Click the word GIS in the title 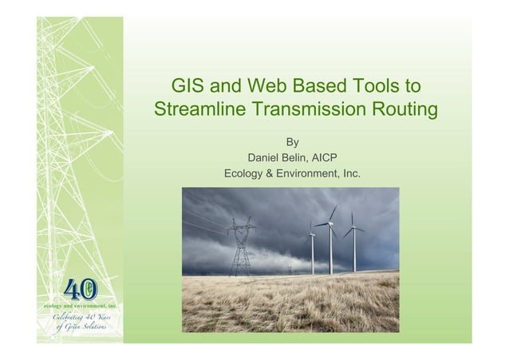(192, 85)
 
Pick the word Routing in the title (408, 109)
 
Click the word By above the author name (293, 142)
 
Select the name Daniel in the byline (267, 157)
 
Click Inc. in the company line (349, 173)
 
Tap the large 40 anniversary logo (81, 287)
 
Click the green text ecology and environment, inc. (80, 307)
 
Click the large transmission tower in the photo (242, 247)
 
